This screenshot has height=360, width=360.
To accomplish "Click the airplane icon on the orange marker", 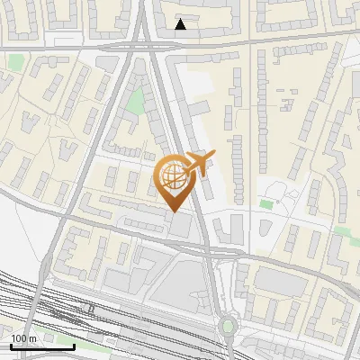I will pos(200,163).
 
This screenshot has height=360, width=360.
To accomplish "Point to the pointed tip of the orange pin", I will pos(174,211).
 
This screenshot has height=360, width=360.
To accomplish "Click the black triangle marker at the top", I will pos(181,24).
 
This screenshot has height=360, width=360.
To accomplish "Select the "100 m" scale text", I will pos(23,339).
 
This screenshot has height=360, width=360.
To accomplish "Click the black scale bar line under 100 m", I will pos(42,346).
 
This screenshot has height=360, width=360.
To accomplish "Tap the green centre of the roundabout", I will pos(228,326).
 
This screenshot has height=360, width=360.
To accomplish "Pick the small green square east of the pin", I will pos(265,204).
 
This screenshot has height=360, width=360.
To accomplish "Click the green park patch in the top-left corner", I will pos(16,62).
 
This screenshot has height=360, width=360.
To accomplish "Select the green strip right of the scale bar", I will pos(90,346).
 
